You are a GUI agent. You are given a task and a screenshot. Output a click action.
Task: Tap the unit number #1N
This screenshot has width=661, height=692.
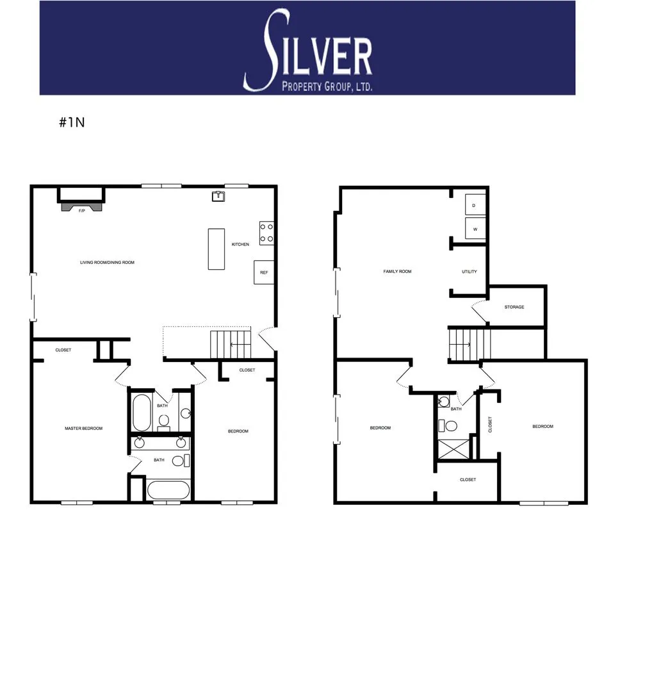pyautogui.click(x=72, y=123)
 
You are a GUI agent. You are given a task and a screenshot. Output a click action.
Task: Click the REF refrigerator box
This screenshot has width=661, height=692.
pyautogui.click(x=264, y=272)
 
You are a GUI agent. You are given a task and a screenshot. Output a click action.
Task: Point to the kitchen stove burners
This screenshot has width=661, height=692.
pyautogui.click(x=266, y=233)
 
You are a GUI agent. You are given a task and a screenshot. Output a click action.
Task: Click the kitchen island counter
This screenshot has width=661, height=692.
pyautogui.click(x=216, y=249)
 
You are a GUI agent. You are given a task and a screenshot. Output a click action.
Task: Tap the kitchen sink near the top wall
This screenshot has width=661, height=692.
pyautogui.click(x=218, y=196)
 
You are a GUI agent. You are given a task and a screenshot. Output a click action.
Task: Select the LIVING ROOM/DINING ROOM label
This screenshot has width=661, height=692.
pyautogui.click(x=107, y=262)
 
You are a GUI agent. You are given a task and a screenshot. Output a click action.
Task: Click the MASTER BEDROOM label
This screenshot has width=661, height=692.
pyautogui.click(x=83, y=428)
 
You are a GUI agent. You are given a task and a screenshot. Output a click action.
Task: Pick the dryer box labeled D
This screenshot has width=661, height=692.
pyautogui.click(x=475, y=205)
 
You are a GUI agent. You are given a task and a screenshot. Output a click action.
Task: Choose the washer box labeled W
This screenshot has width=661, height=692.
pyautogui.click(x=475, y=229)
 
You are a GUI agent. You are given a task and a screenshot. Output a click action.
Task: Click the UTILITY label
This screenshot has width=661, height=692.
pyautogui.click(x=469, y=272)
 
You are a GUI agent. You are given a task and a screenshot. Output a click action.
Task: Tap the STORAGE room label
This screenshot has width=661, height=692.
pyautogui.click(x=514, y=307)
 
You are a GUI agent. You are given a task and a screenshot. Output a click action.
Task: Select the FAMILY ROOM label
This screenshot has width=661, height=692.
pyautogui.click(x=397, y=272)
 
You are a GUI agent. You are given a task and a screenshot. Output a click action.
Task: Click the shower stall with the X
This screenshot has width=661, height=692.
pyautogui.click(x=453, y=448)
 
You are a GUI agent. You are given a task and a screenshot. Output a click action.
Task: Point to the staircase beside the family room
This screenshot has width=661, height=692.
pyautogui.click(x=469, y=345)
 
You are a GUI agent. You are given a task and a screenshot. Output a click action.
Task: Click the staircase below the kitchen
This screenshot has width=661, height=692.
pyautogui.click(x=231, y=345)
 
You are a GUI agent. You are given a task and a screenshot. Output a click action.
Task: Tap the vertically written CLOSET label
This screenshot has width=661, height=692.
pyautogui.click(x=490, y=424)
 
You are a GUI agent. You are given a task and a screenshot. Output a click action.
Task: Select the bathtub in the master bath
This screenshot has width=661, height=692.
pyautogui.click(x=168, y=490)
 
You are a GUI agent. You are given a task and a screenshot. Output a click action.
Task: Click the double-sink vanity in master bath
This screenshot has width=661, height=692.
pyautogui.click(x=161, y=443)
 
